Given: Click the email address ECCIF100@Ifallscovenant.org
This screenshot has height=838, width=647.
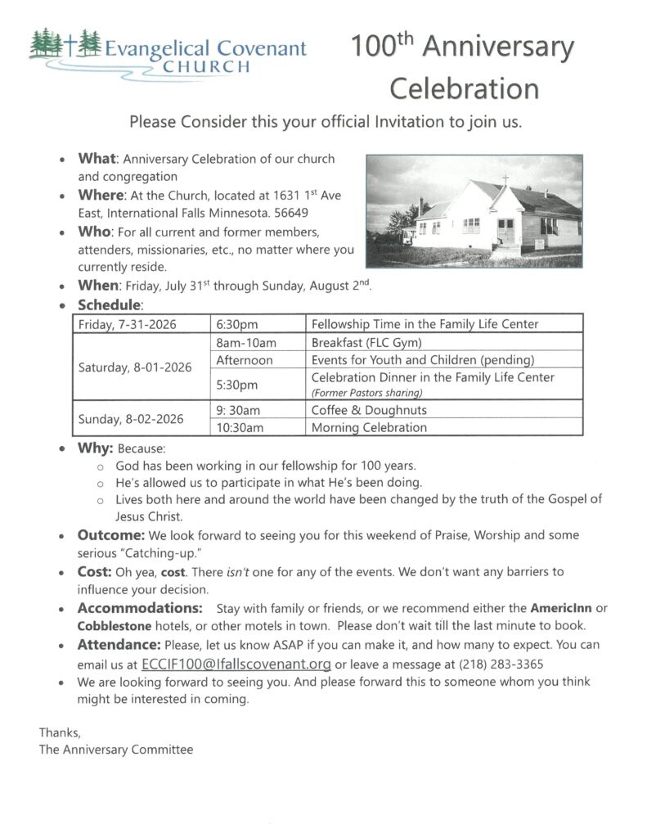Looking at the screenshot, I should click(x=236, y=664).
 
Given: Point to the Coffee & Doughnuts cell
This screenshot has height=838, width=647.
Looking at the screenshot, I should click(x=369, y=410).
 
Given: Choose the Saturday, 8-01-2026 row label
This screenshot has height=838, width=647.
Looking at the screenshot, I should click(x=135, y=367).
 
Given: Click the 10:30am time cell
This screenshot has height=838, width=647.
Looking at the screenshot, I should click(x=240, y=427).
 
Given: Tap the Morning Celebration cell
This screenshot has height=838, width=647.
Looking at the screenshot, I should click(x=369, y=427).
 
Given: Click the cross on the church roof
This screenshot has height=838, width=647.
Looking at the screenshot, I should click(x=505, y=178).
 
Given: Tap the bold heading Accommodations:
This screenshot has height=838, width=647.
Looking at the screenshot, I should click(x=140, y=609).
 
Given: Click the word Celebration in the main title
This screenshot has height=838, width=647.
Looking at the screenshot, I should click(x=464, y=88).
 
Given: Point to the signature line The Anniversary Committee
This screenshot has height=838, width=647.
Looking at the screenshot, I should click(x=116, y=749).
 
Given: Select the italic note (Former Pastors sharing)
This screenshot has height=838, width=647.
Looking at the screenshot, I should click(x=365, y=393).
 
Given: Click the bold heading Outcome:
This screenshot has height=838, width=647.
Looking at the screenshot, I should click(x=111, y=535).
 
